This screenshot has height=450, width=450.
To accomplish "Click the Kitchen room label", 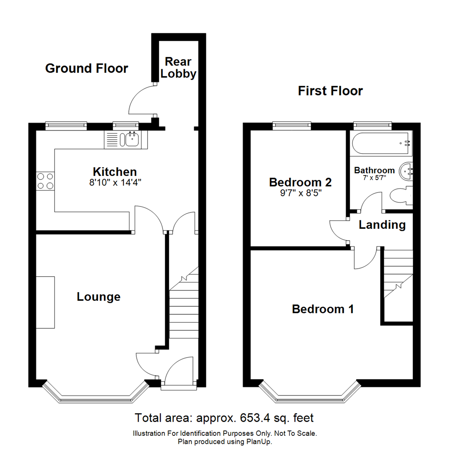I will tap(115, 172).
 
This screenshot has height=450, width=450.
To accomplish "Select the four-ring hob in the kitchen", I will tap(45, 181).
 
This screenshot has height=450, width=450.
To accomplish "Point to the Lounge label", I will tap(99, 297).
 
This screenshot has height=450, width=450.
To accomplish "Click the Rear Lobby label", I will tap(178, 68).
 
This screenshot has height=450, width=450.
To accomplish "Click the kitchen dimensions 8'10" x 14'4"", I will tap(115, 182).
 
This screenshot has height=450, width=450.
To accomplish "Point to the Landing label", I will tap(382, 225).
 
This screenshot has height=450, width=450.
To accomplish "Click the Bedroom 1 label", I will tap(323, 309).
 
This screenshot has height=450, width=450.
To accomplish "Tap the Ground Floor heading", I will tap(87, 68).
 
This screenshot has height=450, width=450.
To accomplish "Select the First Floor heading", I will tap(330, 91).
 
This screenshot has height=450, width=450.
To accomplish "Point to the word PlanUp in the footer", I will tap(260, 442).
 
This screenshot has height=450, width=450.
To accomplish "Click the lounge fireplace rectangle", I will tap(45, 302).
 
